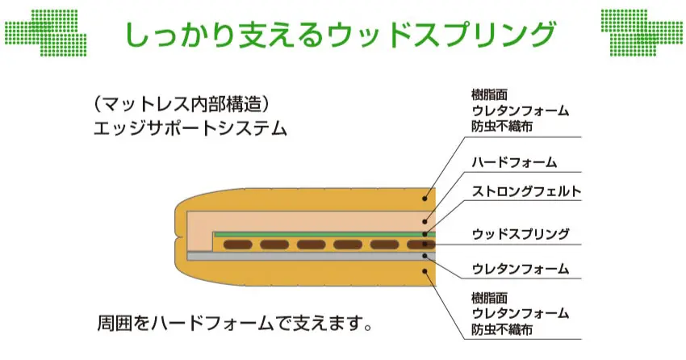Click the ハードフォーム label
[513, 162]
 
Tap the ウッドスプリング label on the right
[521, 235]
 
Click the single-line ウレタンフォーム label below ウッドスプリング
[521, 268]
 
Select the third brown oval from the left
[311, 244]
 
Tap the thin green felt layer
[323, 234]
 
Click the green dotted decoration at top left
[45, 31]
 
